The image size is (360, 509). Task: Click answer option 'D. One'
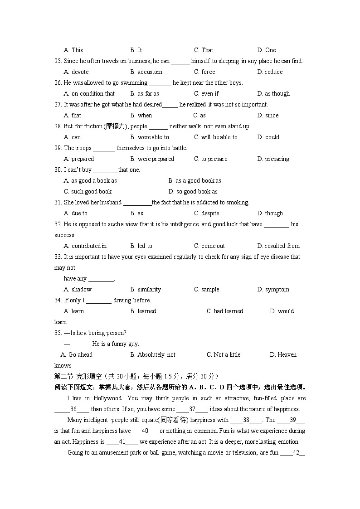(x=266, y=50)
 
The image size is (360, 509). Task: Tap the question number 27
(x=58, y=104)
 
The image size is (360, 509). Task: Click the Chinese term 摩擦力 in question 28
(x=117, y=126)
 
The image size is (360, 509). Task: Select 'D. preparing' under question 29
(x=273, y=159)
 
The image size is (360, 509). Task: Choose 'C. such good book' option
(x=88, y=191)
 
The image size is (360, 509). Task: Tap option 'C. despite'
(x=206, y=213)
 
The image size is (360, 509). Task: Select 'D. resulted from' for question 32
(x=278, y=246)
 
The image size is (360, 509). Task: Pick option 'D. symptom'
(x=273, y=289)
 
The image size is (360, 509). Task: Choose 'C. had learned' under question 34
(x=224, y=311)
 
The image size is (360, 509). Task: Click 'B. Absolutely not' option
(x=152, y=354)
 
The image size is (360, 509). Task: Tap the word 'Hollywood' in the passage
(x=108, y=398)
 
